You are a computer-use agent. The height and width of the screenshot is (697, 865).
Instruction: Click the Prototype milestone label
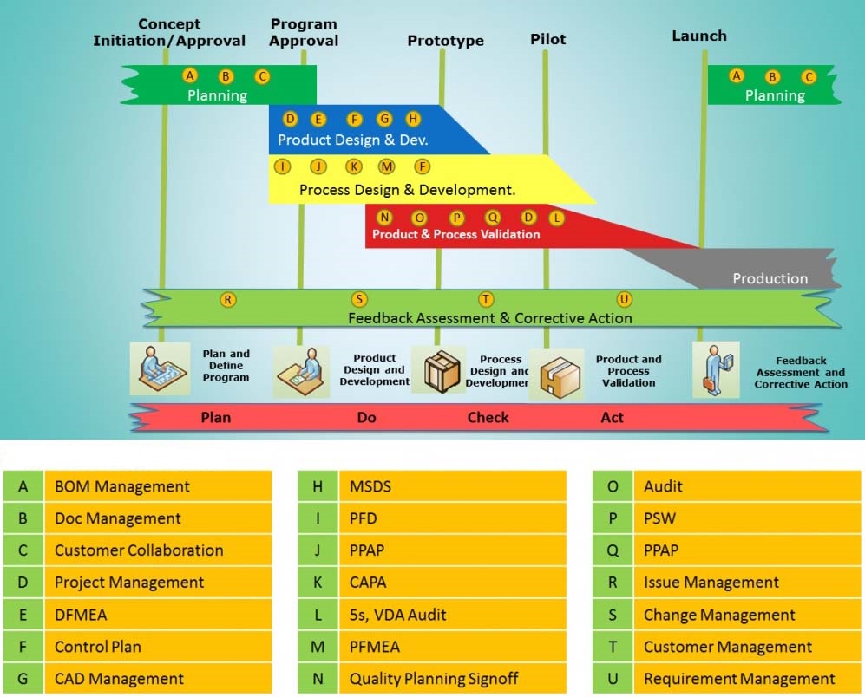445,41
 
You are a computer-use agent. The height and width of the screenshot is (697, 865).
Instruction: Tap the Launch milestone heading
699,36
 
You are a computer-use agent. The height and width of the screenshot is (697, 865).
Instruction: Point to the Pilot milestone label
547,39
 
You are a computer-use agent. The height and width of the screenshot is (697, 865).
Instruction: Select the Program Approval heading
304,33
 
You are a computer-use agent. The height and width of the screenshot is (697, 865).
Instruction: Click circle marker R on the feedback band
228,300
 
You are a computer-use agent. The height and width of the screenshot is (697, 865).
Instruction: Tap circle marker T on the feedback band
486,299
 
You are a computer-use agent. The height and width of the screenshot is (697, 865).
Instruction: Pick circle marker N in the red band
384,218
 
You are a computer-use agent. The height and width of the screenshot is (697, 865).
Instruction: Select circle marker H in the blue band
413,119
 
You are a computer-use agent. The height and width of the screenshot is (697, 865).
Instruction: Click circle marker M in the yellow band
386,166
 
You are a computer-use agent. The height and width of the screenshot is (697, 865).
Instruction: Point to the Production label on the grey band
770,278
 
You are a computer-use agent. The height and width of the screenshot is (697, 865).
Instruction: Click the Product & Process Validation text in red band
455,234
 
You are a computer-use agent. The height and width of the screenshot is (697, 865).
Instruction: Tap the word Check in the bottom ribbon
488,418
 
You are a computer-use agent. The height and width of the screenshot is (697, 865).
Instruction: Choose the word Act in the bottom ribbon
612,418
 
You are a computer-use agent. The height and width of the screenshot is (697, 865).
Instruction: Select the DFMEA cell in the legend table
158,615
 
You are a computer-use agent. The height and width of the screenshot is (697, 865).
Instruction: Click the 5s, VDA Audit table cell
452,615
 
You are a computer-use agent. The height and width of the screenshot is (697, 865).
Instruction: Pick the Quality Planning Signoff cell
452,678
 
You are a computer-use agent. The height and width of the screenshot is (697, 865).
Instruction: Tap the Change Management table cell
747,615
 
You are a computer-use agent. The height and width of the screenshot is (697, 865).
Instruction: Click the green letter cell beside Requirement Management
613,678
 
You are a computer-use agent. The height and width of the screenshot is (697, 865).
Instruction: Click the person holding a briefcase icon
716,369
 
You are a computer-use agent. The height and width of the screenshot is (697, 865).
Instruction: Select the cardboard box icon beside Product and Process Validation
557,375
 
